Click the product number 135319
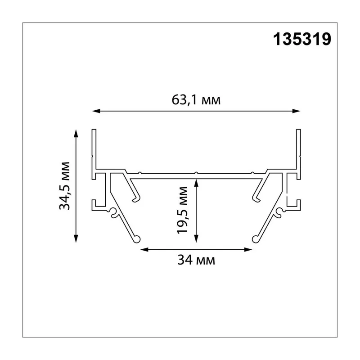click(x=302, y=39)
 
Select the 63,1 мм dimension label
click(x=196, y=100)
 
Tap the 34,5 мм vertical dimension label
click(x=64, y=186)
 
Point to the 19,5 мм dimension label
click(x=183, y=210)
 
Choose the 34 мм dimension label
click(x=196, y=260)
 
